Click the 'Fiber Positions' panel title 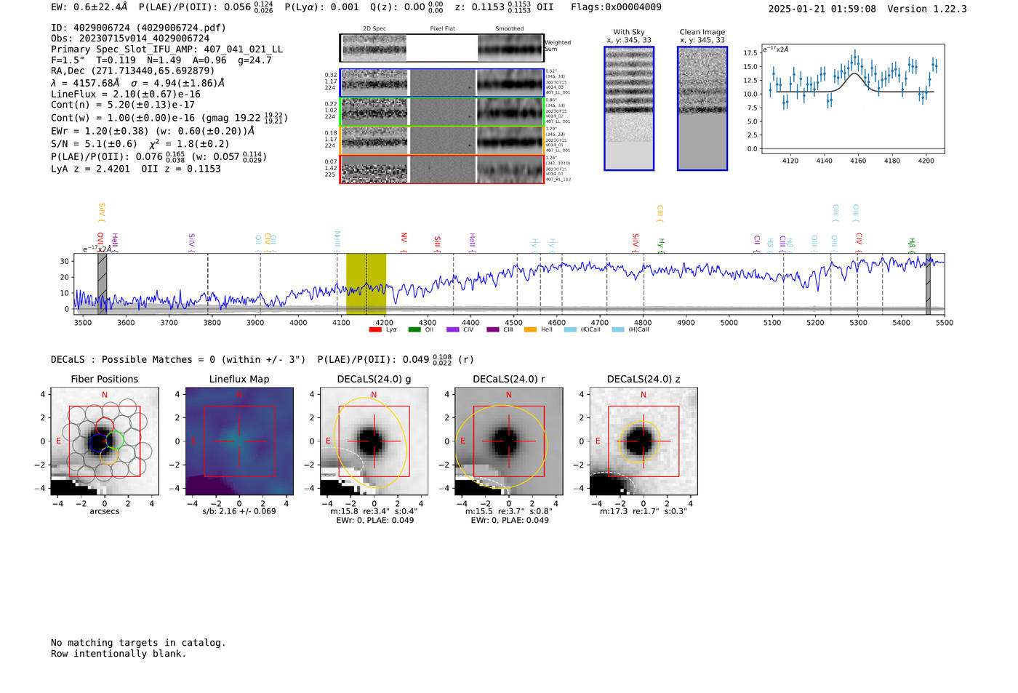pos(104,379)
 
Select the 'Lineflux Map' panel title pos(239,379)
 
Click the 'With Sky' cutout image pos(629,108)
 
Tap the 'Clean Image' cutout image pos(702,108)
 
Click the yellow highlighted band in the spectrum pos(366,284)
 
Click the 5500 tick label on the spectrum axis pos(944,322)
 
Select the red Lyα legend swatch pos(375,330)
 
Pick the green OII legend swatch pos(414,330)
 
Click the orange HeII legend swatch pos(530,330)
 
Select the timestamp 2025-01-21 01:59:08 pos(822,9)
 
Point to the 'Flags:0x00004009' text pos(616,7)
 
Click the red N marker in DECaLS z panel pos(644,395)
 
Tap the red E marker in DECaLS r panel pos(462,441)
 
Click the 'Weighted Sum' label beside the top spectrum pos(558,46)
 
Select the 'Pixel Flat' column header pos(442,29)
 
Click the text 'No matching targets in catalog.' pos(138,643)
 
